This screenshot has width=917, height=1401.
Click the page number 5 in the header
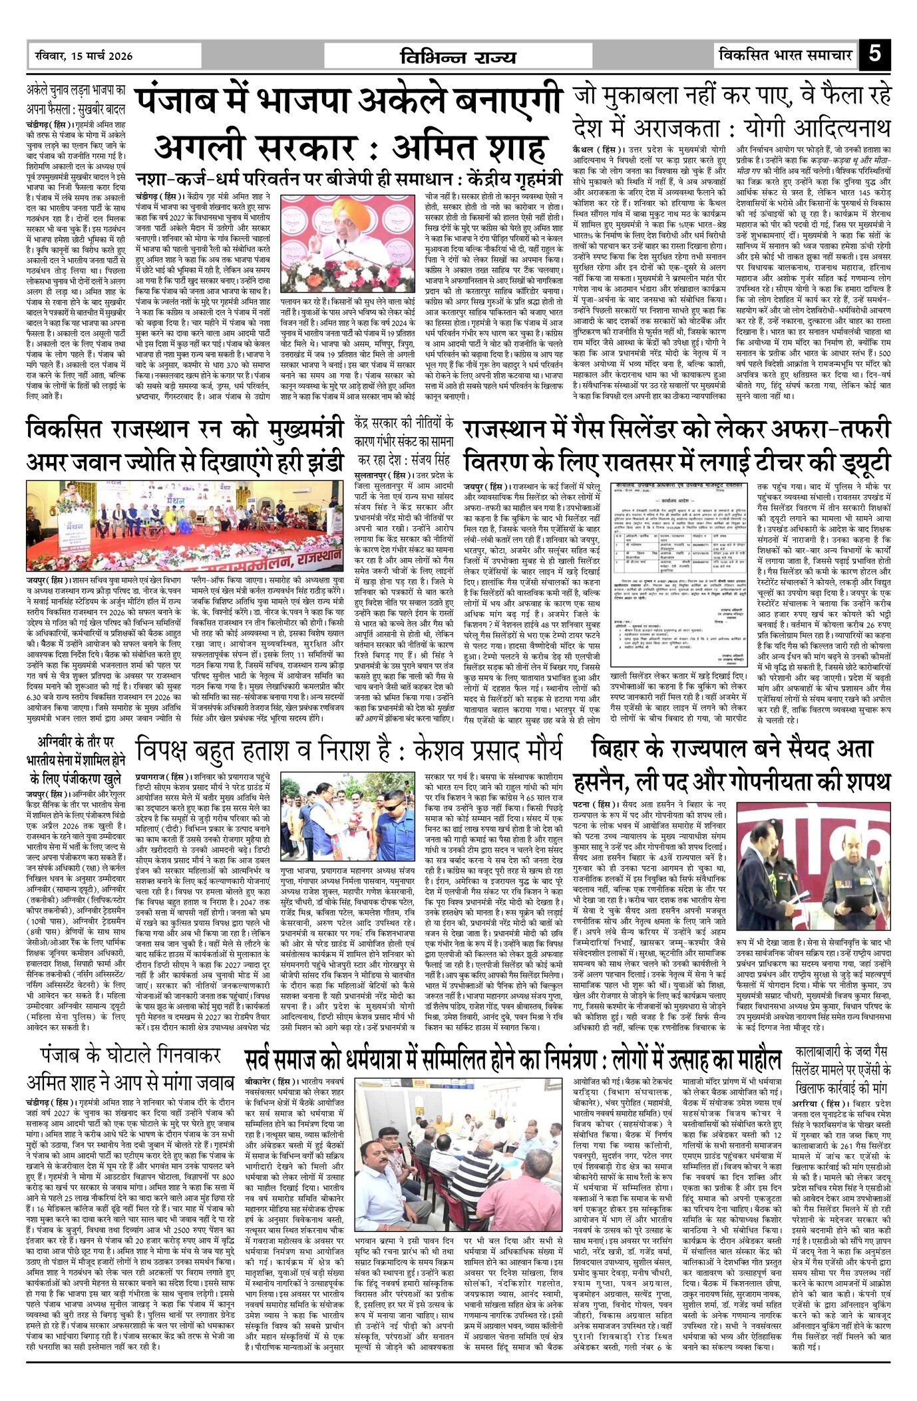click(x=875, y=54)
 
